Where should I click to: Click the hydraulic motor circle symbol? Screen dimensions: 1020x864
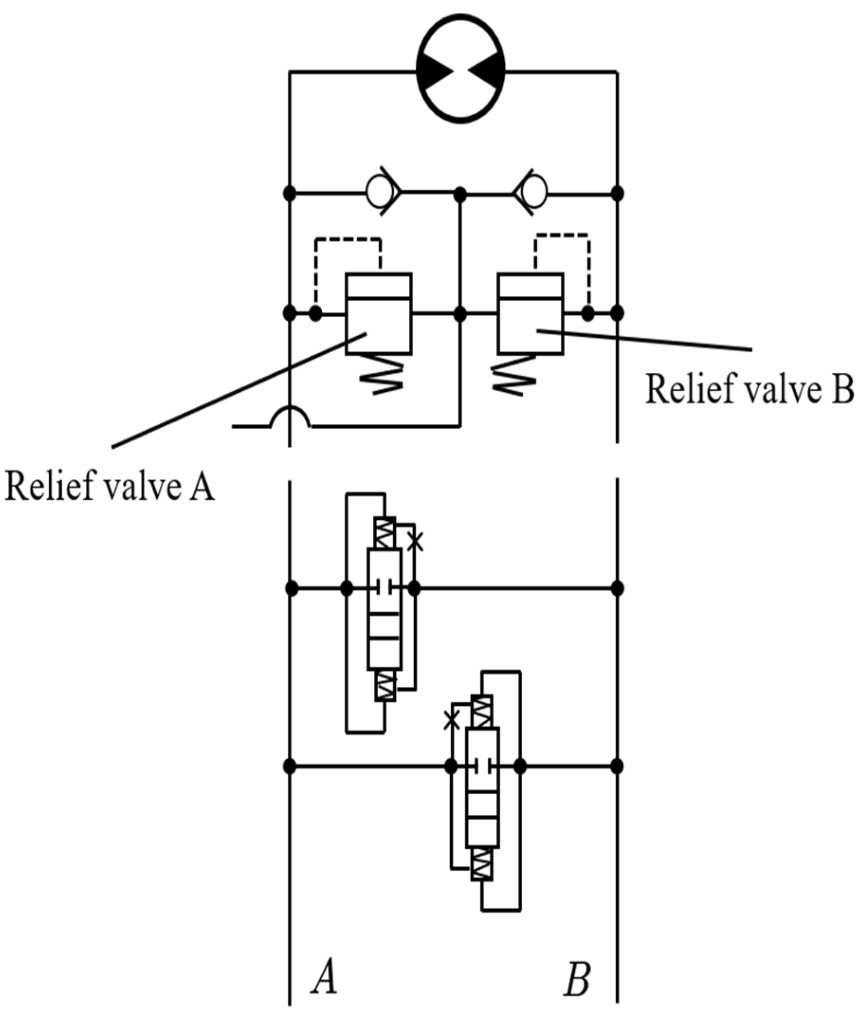coord(460,69)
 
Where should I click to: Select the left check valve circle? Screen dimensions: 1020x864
coord(380,193)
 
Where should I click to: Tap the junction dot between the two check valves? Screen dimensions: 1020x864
coord(460,194)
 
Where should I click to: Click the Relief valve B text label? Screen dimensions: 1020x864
coord(749,390)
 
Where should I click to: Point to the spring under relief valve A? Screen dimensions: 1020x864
coord(381,378)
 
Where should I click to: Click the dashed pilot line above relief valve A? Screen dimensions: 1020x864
coord(348,239)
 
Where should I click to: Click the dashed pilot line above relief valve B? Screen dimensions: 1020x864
coord(562,235)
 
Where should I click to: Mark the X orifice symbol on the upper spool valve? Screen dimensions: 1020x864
coord(415,542)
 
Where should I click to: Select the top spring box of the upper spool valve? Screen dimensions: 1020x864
coord(384,533)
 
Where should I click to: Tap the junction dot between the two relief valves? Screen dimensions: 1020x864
coord(460,314)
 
